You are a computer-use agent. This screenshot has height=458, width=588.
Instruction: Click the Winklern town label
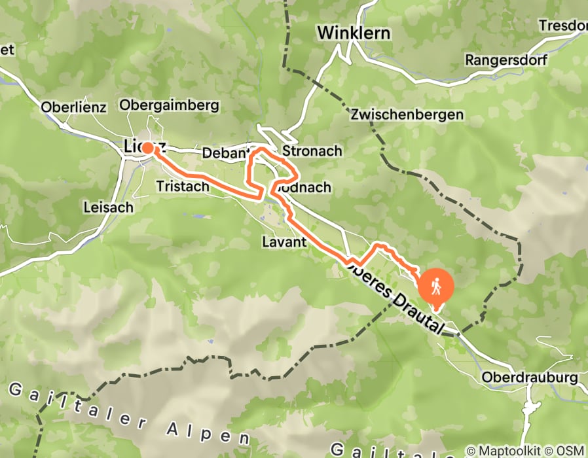point(354,33)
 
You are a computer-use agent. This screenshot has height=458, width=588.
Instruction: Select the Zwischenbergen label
point(407,114)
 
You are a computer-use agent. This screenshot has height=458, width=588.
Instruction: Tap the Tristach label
point(183,186)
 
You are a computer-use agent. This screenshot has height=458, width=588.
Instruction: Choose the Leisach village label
point(109,207)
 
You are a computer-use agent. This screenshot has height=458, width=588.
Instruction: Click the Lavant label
point(284,241)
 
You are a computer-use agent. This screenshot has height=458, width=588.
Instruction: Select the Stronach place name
point(312,151)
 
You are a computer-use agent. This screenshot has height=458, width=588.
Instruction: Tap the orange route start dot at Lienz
point(148,149)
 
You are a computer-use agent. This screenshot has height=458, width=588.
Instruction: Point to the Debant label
point(222,152)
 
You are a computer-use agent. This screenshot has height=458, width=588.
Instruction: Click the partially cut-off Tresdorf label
point(562,26)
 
